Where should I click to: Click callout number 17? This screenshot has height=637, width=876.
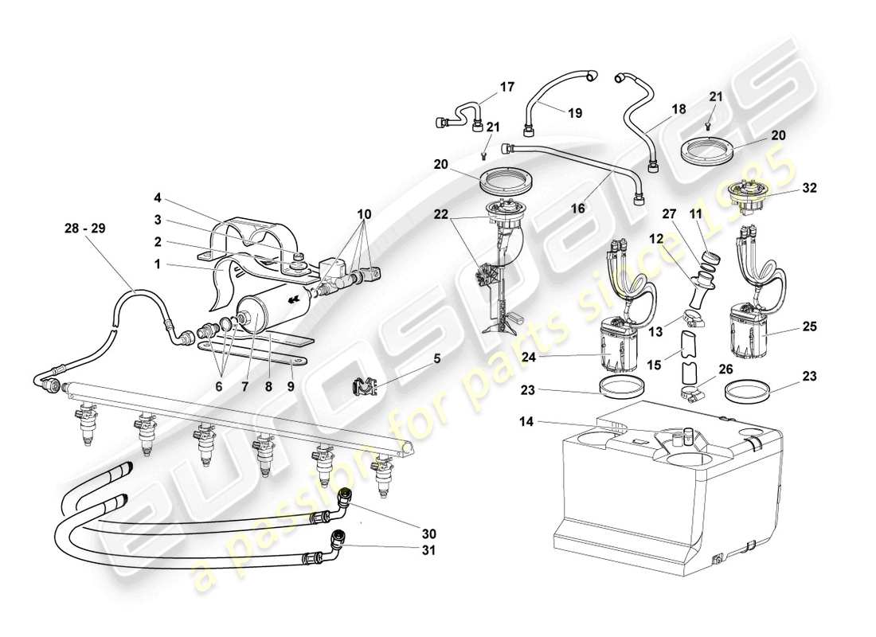tap(507, 86)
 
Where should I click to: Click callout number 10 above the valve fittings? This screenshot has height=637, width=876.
tap(364, 215)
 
